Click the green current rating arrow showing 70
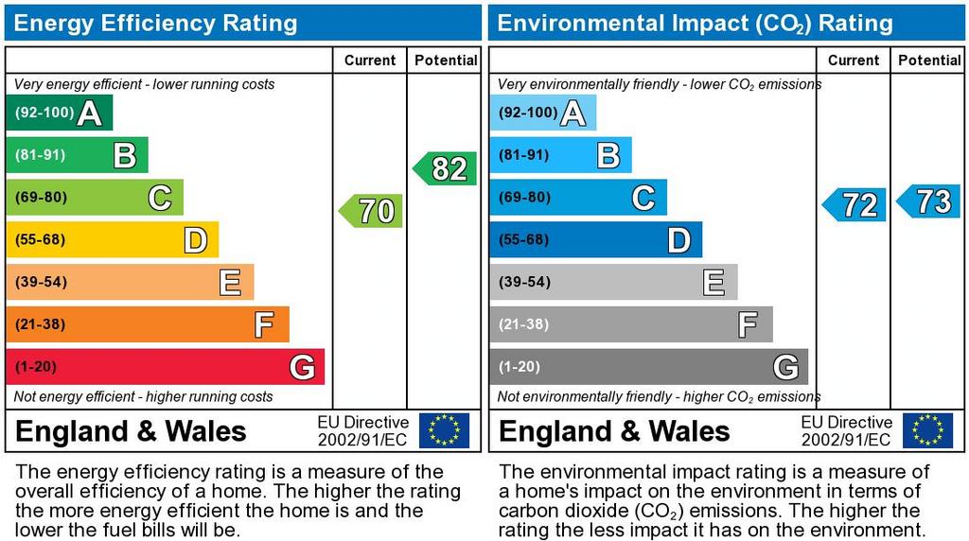(372, 211)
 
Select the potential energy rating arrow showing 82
(446, 168)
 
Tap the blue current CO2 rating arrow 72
(855, 204)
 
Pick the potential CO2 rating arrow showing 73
(930, 201)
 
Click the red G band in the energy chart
(165, 367)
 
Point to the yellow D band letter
(195, 240)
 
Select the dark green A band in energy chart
(59, 113)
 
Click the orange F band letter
(264, 325)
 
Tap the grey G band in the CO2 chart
(648, 367)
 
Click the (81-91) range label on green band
(40, 155)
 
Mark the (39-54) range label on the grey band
(524, 282)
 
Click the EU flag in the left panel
(444, 430)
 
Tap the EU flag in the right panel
(927, 430)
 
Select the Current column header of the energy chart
(370, 61)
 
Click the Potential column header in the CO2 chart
(929, 61)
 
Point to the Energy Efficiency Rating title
(156, 23)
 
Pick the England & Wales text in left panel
(131, 432)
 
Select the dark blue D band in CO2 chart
(595, 240)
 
